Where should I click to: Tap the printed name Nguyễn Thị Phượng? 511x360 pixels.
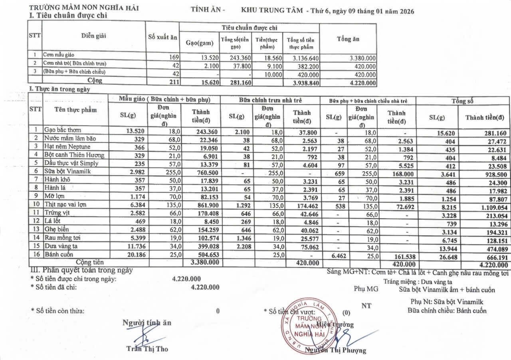coord(335,350)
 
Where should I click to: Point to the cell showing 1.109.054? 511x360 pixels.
coord(488,205)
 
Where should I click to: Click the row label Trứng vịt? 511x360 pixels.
coord(55,213)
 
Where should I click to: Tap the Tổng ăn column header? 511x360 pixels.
coord(348,39)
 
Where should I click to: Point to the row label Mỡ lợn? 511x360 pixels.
coord(54,196)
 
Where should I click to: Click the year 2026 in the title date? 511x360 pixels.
coord(406,11)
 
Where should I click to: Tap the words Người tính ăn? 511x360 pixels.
coord(147,322)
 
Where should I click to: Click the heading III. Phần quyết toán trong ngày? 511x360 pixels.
coord(81,270)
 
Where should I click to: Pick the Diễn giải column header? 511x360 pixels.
coord(94,36)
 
